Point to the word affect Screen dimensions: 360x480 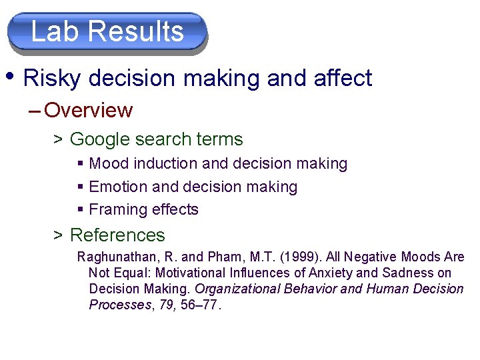point(342,79)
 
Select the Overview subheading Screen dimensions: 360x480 point(89,110)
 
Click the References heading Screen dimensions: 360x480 point(117,235)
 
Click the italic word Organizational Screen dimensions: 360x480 point(237,289)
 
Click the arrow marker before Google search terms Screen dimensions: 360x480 point(58,140)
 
